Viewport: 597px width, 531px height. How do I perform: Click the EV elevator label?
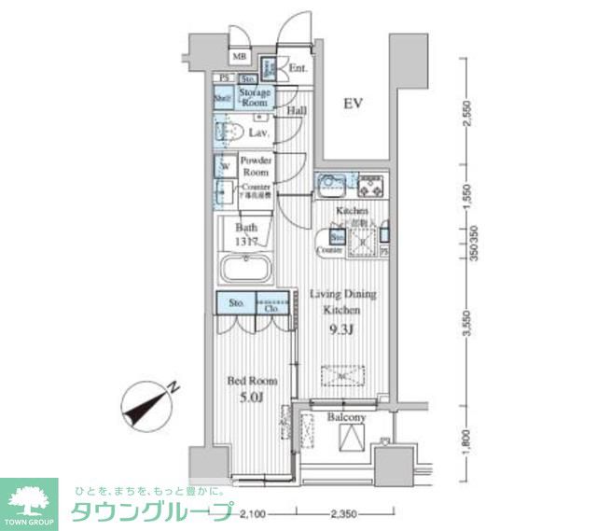(351, 103)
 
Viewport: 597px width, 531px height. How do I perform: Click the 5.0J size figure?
(250, 398)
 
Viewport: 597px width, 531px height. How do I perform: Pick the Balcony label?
(346, 417)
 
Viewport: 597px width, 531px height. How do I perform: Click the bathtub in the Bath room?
(245, 272)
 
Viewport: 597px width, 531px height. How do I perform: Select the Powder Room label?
(256, 166)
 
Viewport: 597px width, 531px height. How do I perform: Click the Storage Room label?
(255, 98)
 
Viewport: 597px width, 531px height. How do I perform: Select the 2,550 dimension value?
(469, 113)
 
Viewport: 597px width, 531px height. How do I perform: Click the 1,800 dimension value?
(469, 439)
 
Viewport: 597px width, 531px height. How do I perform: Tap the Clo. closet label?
(274, 306)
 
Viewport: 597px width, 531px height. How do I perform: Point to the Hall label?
(297, 111)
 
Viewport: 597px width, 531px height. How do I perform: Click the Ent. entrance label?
(298, 68)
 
